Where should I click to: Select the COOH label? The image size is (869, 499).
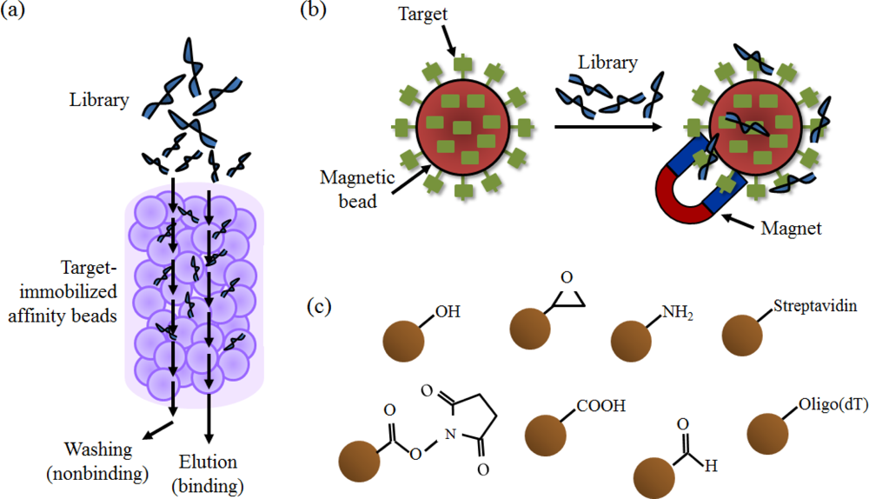(x=599, y=405)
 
